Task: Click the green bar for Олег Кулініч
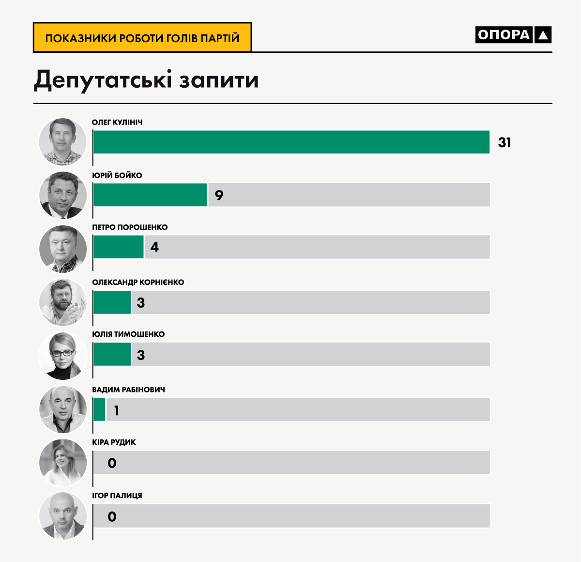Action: coord(291,142)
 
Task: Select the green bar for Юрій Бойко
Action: coord(150,195)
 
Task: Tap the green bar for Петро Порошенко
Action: coord(118,247)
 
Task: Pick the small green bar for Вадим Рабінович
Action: coord(99,409)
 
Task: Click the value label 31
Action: coord(505,142)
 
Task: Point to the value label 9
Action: coord(219,195)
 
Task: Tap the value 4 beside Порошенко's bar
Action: coord(154,247)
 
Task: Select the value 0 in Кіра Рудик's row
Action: coord(112,463)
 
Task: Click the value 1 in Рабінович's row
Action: coord(116,411)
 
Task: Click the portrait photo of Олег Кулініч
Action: coord(62,142)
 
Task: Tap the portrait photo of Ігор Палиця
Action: coord(62,516)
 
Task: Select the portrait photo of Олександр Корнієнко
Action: coord(62,302)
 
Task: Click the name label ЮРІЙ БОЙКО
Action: coord(117,175)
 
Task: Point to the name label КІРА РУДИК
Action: coord(114,442)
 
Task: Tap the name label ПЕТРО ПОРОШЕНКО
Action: coord(130,227)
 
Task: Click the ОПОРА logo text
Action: coord(504,35)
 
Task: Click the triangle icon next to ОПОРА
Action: coord(543,35)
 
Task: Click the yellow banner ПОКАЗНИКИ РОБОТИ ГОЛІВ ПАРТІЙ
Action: coord(142,38)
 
